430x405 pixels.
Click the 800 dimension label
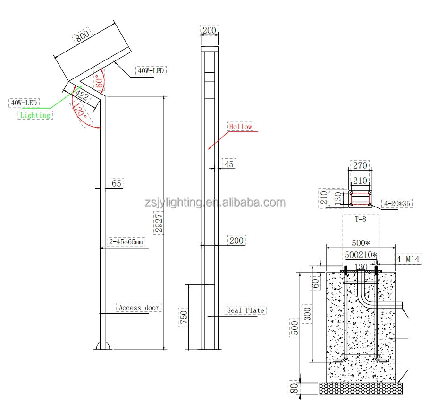click(x=82, y=35)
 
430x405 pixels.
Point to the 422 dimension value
click(x=82, y=95)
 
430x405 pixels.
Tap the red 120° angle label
click(x=79, y=111)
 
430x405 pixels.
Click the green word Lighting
click(x=35, y=115)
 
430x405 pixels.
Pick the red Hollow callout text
click(x=241, y=126)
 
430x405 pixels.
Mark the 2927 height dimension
click(x=159, y=223)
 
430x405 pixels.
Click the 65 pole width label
click(x=117, y=183)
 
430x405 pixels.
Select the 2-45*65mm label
click(x=126, y=241)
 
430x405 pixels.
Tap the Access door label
click(x=139, y=308)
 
